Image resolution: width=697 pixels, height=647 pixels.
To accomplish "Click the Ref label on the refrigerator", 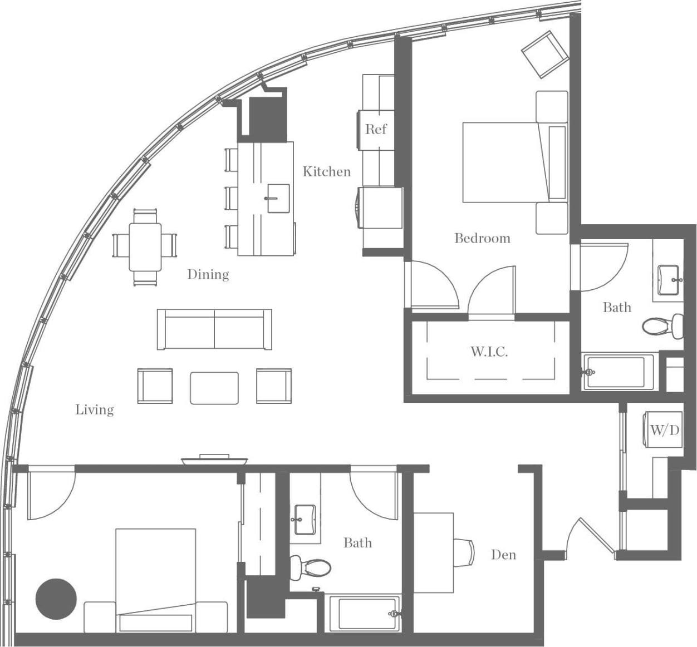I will pyautogui.click(x=376, y=129).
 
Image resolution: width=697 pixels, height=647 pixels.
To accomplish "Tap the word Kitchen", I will pyautogui.click(x=327, y=171).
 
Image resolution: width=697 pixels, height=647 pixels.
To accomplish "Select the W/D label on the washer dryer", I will pyautogui.click(x=665, y=429).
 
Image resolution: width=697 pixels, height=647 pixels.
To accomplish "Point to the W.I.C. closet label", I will pyautogui.click(x=489, y=352).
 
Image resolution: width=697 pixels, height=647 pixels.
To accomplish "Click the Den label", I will pyautogui.click(x=503, y=555).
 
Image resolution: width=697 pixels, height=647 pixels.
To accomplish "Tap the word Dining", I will pyautogui.click(x=208, y=274).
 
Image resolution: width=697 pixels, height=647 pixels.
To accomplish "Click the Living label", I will pyautogui.click(x=95, y=410).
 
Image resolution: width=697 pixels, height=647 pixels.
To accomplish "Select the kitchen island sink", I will pyautogui.click(x=278, y=199).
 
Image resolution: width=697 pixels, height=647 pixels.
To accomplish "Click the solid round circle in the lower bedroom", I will pyautogui.click(x=56, y=599).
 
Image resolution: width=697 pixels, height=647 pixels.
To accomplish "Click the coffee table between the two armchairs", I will pyautogui.click(x=214, y=388).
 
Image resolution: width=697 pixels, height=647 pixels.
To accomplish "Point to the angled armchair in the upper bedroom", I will pyautogui.click(x=544, y=54).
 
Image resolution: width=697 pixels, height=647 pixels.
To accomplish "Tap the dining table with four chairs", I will pyautogui.click(x=145, y=246).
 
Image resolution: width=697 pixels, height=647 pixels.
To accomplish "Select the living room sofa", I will pyautogui.click(x=214, y=329).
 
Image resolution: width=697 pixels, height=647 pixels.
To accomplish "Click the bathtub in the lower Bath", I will pyautogui.click(x=364, y=614).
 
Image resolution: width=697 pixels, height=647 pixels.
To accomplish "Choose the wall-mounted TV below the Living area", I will pyautogui.click(x=214, y=460).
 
